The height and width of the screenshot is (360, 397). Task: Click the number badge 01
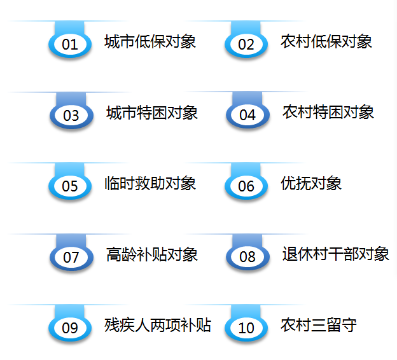point(70,45)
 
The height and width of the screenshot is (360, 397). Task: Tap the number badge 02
point(246,45)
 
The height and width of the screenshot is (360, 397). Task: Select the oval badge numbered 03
point(71,116)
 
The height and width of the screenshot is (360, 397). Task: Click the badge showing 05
point(70,187)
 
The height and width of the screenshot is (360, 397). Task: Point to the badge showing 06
point(246,187)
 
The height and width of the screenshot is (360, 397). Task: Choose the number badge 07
point(71,258)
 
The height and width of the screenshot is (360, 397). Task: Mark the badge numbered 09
point(70,328)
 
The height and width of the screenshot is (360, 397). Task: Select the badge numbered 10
point(246,328)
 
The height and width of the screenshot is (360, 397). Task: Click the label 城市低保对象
point(150,42)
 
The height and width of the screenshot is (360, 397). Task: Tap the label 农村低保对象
point(326,42)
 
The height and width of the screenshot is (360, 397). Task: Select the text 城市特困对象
point(152,113)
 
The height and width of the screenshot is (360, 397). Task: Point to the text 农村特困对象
point(328,113)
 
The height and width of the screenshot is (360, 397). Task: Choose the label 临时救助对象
point(150,184)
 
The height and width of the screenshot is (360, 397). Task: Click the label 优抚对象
point(311,184)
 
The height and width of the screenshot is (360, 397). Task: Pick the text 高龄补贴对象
point(152,255)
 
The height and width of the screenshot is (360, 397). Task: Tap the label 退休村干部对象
point(336,254)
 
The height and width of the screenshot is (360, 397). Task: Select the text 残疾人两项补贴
point(158,326)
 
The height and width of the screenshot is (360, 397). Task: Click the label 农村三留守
point(319,326)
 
